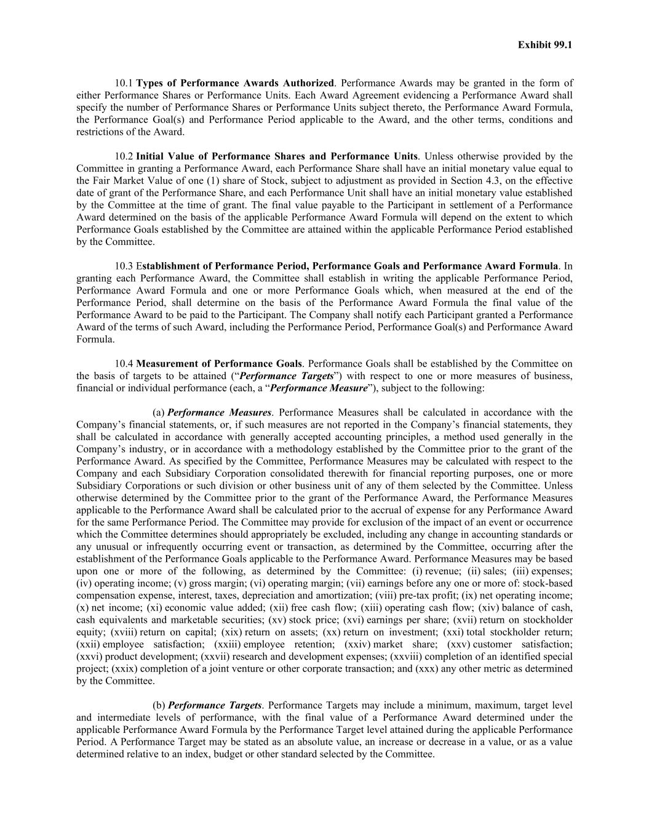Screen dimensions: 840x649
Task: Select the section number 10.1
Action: click(124, 83)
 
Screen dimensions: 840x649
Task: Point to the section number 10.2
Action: click(124, 156)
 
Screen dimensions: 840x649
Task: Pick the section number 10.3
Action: click(124, 266)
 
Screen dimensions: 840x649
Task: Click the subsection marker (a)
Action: click(159, 412)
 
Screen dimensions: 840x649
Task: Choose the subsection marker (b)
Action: click(159, 705)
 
